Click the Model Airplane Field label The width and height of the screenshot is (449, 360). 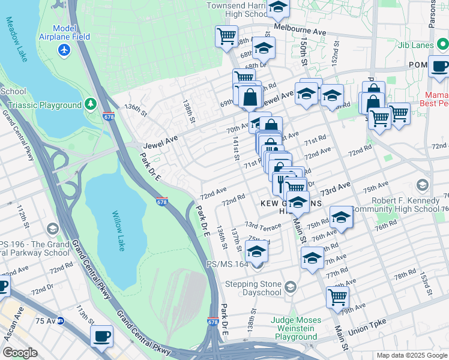[x=72, y=33]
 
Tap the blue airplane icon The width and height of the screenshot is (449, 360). [x=64, y=49]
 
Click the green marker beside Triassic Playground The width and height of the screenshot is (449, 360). [x=91, y=105]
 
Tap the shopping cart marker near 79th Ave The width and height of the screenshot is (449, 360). [x=337, y=296]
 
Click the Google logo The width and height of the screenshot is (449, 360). [x=20, y=353]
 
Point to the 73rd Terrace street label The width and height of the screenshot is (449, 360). [x=262, y=227]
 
